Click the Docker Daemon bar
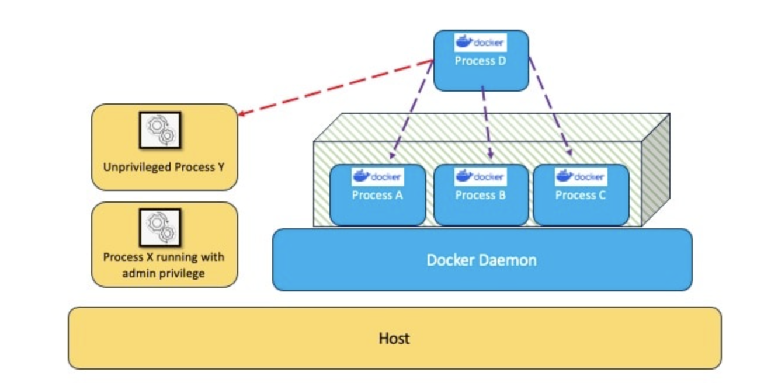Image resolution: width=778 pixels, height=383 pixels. pos(482,260)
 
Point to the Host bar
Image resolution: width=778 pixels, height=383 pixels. pos(394,338)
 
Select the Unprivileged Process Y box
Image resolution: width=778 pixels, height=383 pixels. pos(164,147)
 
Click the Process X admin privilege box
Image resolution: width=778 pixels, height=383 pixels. pos(164,245)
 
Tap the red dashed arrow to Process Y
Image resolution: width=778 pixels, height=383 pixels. pos(335,88)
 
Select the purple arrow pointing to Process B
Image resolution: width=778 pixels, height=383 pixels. pos(487,123)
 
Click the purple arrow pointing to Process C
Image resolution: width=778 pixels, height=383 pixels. pos(550,108)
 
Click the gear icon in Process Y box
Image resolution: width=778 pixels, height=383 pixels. pos(160,130)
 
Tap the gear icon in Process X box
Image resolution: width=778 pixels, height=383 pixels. pos(160,227)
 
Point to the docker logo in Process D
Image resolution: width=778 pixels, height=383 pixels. pos(481,43)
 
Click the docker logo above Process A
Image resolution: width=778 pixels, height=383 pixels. pos(377,176)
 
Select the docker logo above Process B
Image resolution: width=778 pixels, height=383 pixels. pos(481,176)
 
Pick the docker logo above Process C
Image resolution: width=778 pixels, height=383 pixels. pos(581,176)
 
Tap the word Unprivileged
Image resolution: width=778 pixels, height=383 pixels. pos(136,168)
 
